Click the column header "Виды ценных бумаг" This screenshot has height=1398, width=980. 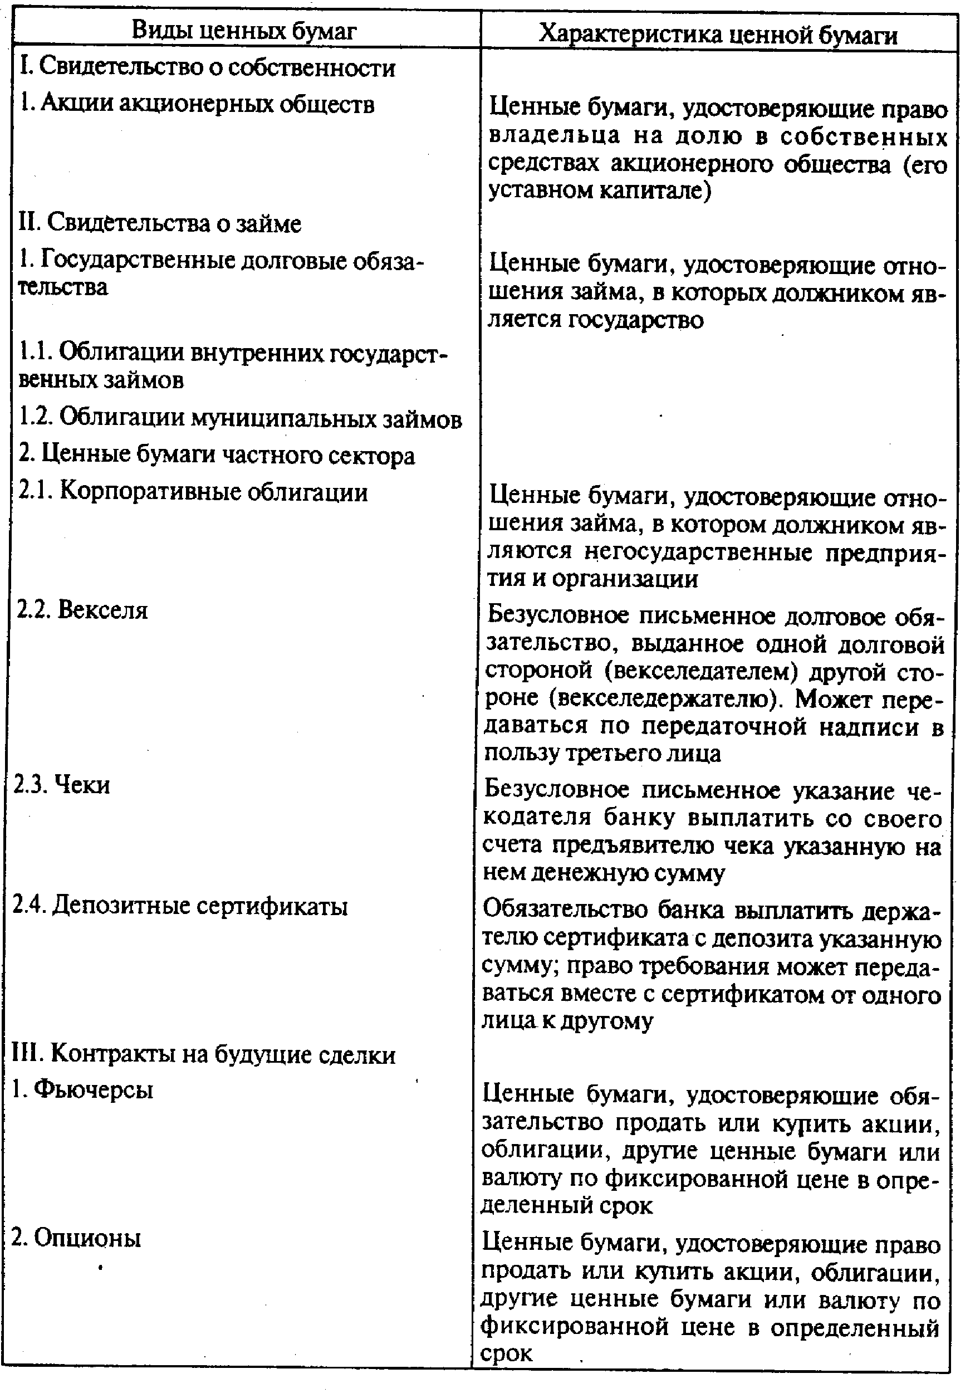tap(243, 30)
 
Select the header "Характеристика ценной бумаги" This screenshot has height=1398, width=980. tap(718, 34)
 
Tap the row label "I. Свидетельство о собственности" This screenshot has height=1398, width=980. tap(208, 67)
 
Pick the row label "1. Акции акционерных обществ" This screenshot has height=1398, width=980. tap(197, 104)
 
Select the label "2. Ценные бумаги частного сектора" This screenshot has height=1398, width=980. tap(217, 456)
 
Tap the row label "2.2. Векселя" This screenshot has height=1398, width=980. tap(82, 609)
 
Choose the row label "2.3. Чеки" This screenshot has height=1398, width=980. tap(61, 785)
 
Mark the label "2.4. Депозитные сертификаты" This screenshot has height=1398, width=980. tap(180, 906)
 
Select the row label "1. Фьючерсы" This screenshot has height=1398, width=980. tap(82, 1089)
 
